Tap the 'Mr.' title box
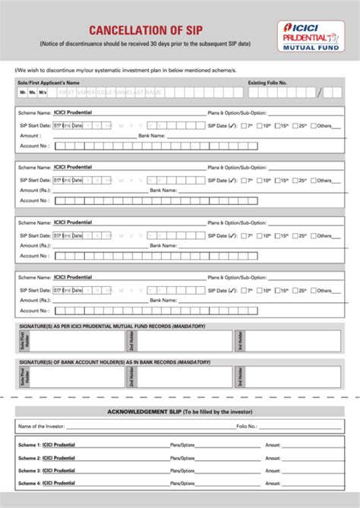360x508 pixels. click(23, 92)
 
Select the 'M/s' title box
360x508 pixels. click(43, 92)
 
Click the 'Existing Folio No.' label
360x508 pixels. click(267, 81)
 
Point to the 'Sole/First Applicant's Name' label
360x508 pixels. click(48, 81)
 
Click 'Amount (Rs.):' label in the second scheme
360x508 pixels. click(36, 191)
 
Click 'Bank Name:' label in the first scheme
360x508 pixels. click(152, 136)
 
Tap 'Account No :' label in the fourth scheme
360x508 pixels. click(35, 310)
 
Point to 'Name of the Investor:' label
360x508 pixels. click(44, 427)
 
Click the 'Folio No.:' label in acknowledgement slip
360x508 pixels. click(248, 427)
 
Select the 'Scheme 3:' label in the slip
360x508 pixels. click(29, 471)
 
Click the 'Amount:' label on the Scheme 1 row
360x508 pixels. click(273, 446)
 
